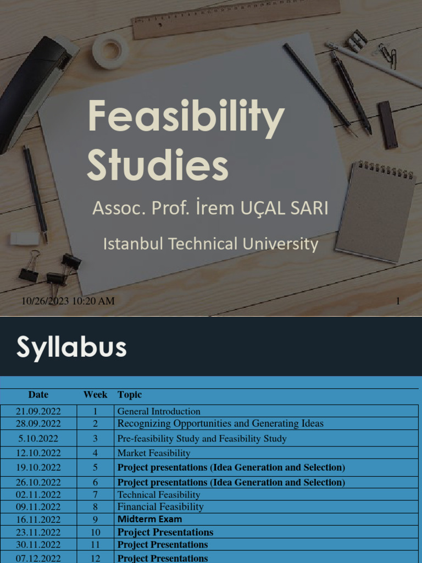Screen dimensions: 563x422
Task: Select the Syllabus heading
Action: coord(71,347)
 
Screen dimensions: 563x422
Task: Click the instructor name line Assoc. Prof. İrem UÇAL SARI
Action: coord(210,208)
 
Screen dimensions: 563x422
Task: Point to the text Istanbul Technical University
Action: coord(210,244)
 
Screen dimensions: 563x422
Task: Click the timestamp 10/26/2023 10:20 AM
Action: coord(68,300)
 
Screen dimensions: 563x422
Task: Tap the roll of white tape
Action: coord(110,50)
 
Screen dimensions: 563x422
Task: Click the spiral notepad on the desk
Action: coord(375,212)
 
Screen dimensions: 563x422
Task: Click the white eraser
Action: coord(25,238)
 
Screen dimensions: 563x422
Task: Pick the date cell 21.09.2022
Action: coord(38,411)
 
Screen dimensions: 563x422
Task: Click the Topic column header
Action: coord(130,395)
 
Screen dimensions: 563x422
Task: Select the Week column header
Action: coord(95,395)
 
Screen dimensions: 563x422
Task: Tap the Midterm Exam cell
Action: coord(149,519)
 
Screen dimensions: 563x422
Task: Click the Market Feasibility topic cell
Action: coord(154,453)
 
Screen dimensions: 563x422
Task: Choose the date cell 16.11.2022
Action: coord(38,519)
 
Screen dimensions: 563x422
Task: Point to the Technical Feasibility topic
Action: coord(159,494)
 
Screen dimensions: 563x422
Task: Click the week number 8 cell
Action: coord(95,506)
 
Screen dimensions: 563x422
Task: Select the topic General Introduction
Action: coord(159,411)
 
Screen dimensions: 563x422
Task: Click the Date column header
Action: coord(38,395)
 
